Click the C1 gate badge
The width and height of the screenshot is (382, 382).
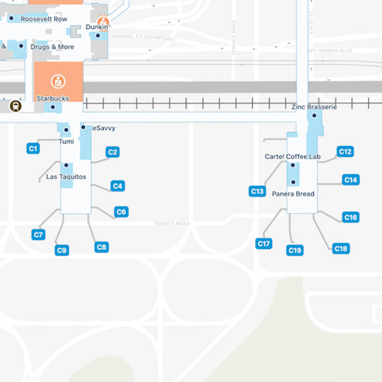33,149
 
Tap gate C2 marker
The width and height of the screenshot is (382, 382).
112,152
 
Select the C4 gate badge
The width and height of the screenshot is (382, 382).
118,186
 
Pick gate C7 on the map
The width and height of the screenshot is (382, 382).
38,235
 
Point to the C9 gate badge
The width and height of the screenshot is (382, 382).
62,250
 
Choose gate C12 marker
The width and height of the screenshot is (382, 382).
345,152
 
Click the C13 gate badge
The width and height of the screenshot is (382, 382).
257,191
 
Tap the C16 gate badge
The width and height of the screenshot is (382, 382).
351,217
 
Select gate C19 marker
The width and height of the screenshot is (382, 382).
295,250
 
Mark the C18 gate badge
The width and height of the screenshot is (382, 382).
341,249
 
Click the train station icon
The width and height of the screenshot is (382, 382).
16,106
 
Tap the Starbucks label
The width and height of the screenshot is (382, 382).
53,99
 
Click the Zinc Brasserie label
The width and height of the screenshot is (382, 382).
314,107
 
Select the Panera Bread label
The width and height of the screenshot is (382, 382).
293,194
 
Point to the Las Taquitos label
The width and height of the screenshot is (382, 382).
66,177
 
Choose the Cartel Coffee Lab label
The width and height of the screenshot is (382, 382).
293,157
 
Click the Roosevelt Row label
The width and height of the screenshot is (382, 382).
44,19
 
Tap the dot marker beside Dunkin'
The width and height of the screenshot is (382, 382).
98,35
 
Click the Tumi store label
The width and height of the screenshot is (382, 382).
66,141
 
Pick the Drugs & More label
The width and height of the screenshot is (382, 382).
52,47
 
